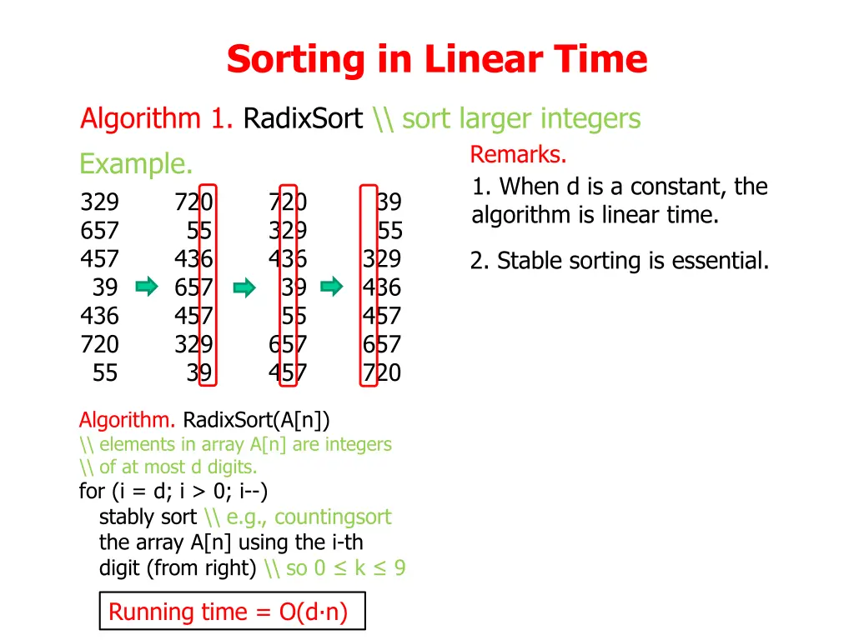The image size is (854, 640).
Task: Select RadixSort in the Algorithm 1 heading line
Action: point(303,119)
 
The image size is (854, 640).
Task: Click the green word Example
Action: point(136,164)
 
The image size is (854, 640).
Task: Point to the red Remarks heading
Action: point(518,155)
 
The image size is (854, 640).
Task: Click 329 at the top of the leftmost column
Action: point(99,202)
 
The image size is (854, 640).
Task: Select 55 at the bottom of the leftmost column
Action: point(105,373)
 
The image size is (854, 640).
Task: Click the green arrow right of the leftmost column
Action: point(147,287)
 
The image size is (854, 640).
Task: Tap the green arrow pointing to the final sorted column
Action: point(332,287)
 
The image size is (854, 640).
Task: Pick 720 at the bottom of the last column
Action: point(381,373)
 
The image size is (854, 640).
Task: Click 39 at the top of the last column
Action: point(389,202)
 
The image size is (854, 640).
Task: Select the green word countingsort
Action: point(332,517)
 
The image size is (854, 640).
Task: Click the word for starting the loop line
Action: point(91,492)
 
